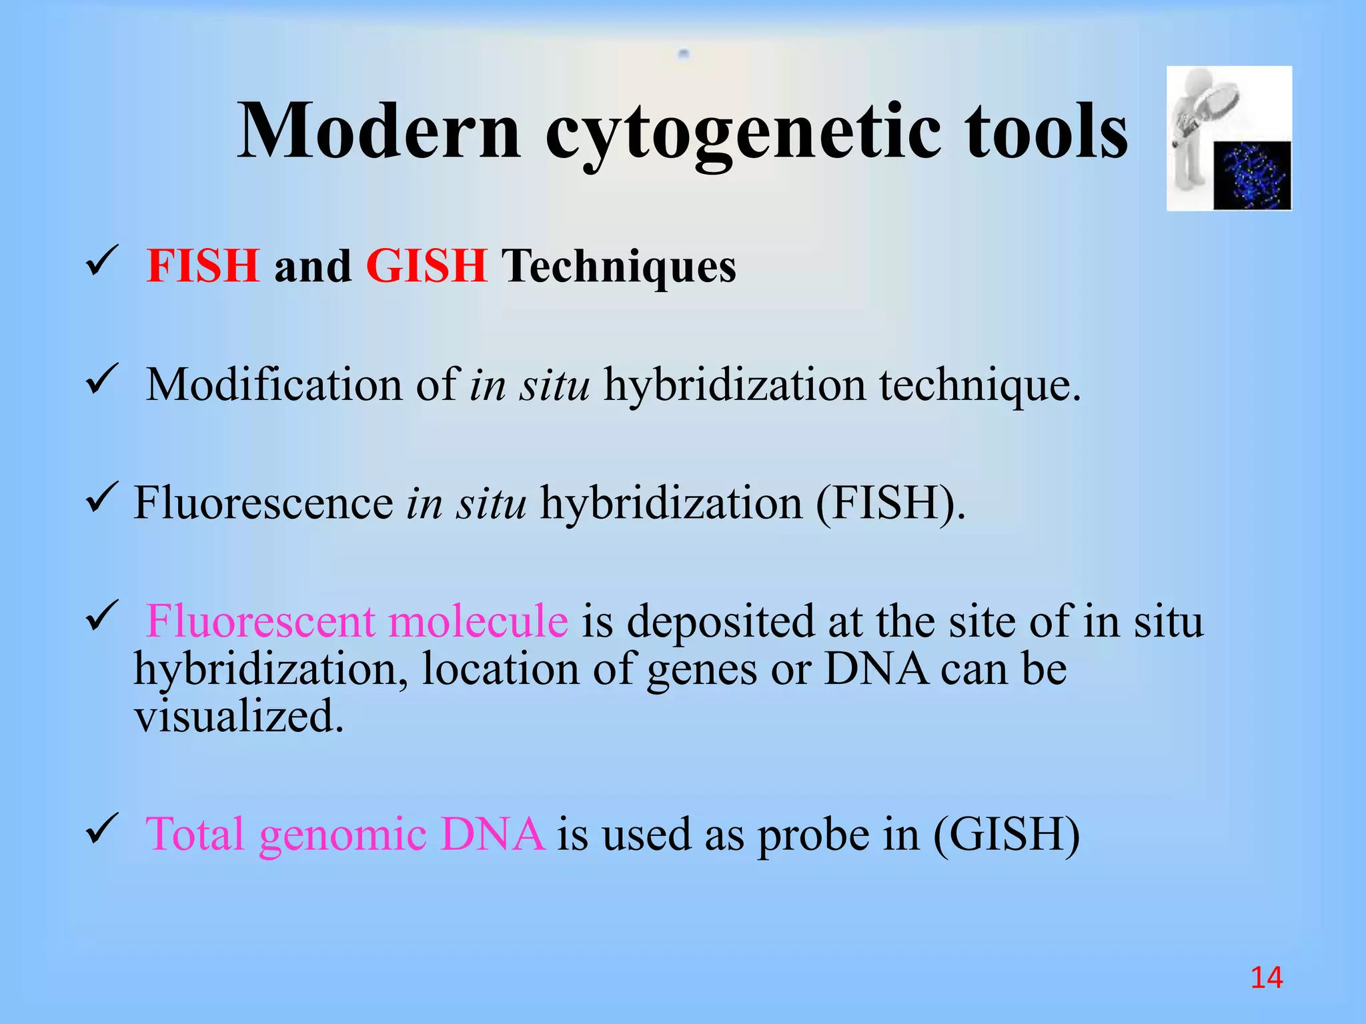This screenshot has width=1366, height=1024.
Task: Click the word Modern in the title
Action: pos(379,131)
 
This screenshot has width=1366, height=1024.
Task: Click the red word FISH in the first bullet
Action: pos(203,266)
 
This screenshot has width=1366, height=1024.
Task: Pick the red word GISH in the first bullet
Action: pos(427,266)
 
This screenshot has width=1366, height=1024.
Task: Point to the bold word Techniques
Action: pos(618,266)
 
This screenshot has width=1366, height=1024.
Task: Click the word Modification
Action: pos(274,385)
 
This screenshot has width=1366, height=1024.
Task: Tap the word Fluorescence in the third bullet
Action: pos(263,503)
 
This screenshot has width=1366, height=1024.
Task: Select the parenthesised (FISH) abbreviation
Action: pos(890,503)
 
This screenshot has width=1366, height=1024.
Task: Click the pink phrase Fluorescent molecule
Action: pos(357,621)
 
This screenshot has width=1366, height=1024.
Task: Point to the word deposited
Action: pos(720,622)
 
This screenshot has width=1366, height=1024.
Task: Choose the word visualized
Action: pos(239,717)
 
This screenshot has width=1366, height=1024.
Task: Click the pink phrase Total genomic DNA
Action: pos(345,834)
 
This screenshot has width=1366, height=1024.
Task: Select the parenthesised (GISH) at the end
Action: pos(1006,834)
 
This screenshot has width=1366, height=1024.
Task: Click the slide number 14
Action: pos(1266,978)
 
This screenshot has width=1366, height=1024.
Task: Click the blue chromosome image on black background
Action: pos(1252,176)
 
